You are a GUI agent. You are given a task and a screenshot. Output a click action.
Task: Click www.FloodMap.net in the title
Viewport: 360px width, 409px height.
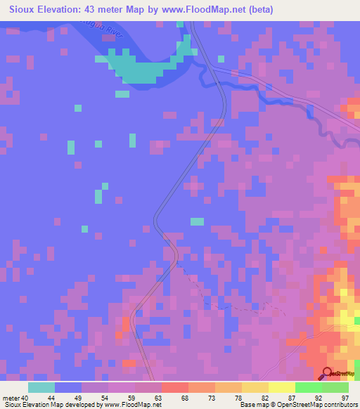(x=199, y=10)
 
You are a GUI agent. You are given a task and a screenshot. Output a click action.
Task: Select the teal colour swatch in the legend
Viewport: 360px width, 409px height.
(x=41, y=387)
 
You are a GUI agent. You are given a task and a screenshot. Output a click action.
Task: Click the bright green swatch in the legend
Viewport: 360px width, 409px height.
(x=308, y=387)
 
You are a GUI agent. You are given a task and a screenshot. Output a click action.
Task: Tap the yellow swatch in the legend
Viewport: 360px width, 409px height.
(x=281, y=387)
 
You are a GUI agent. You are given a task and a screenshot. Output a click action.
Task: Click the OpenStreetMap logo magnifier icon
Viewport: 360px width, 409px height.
(x=327, y=373)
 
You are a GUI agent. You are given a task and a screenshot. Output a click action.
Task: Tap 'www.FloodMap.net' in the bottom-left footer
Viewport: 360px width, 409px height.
(x=134, y=405)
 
